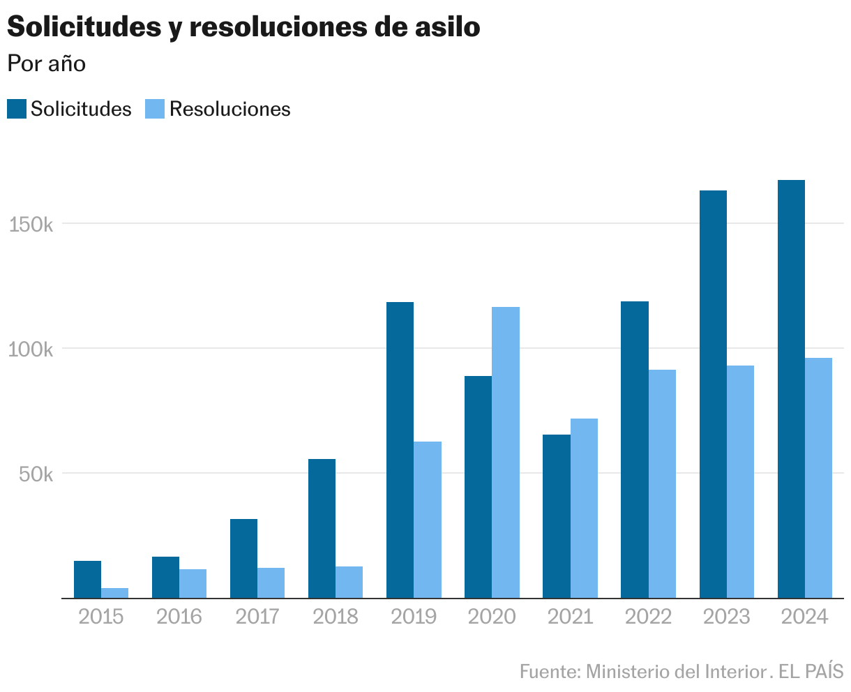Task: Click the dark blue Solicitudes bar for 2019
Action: (400, 450)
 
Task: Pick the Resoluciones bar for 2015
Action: (114, 593)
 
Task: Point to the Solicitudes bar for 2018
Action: (322, 528)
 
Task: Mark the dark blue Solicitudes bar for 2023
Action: (713, 394)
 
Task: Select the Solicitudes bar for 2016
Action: (165, 577)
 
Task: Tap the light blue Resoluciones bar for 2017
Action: (271, 582)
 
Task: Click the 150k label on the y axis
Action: (31, 225)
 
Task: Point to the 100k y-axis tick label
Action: (31, 349)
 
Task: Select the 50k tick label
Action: (35, 474)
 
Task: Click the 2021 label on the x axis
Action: (570, 617)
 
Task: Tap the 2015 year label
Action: (101, 617)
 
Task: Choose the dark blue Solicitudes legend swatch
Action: (17, 109)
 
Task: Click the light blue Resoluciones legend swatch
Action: (155, 109)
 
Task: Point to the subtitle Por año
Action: (46, 63)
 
